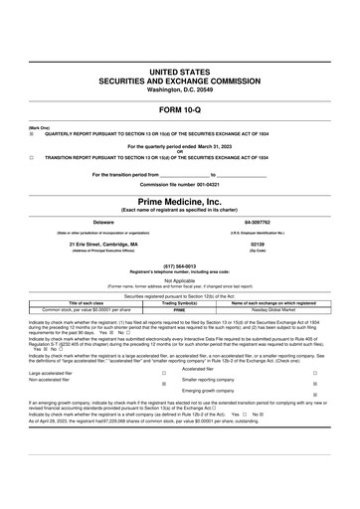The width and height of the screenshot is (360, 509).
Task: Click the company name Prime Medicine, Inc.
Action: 179,201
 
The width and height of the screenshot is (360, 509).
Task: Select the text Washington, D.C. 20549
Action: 179,90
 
